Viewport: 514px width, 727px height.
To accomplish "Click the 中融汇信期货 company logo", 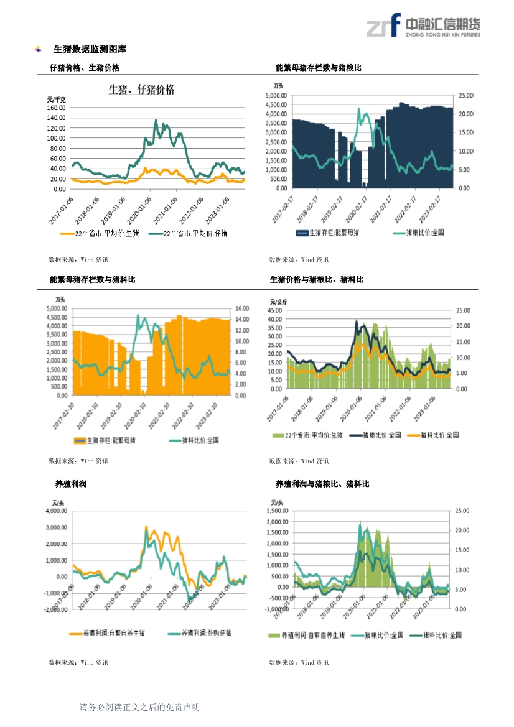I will pyautogui.click(x=423, y=26).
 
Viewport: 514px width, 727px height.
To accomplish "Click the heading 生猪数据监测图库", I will pyautogui.click(x=90, y=49).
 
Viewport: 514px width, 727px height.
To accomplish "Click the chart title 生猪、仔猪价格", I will pyautogui.click(x=141, y=90).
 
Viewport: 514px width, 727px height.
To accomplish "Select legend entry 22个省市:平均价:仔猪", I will pyautogui.click(x=195, y=233).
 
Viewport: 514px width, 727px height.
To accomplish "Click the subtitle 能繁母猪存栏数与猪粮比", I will pyautogui.click(x=318, y=68).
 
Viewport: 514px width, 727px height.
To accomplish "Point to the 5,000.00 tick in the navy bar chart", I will pyautogui.click(x=276, y=95).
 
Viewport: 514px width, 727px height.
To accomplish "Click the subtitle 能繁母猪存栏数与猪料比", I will pyautogui.click(x=92, y=280).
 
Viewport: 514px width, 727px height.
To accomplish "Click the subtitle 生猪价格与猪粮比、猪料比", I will pyautogui.click(x=317, y=280).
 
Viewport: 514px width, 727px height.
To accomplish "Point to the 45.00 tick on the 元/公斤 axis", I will pyautogui.click(x=275, y=310).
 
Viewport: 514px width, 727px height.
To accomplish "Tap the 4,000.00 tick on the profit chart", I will pyautogui.click(x=56, y=511).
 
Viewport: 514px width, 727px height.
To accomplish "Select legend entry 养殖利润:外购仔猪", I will pyautogui.click(x=206, y=633).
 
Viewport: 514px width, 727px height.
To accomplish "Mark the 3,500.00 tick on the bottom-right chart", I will pyautogui.click(x=276, y=511).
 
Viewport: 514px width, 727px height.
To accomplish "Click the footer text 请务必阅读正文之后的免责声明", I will pyautogui.click(x=139, y=707).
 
